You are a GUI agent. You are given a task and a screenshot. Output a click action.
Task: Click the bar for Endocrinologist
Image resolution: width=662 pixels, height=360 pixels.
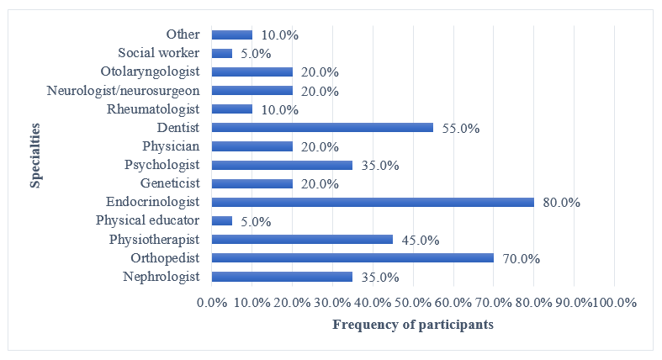tap(373, 202)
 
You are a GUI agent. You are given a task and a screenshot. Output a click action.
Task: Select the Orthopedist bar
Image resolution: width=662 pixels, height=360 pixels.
tap(352, 257)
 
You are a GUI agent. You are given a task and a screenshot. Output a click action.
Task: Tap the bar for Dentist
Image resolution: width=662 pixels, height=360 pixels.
tap(322, 128)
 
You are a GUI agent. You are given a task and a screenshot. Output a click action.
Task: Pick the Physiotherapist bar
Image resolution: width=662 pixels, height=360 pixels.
tap(302, 239)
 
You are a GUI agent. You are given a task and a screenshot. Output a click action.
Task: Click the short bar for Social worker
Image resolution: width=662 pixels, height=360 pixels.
tap(222, 53)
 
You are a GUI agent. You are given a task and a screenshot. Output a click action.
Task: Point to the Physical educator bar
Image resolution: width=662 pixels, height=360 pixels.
tap(222, 220)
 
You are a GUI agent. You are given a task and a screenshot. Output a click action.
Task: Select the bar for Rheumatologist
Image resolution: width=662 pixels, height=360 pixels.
tap(232, 109)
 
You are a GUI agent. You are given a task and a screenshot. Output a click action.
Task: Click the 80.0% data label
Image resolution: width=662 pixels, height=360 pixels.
tap(560, 203)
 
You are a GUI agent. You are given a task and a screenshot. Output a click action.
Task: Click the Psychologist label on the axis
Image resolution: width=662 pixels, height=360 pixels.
tap(162, 165)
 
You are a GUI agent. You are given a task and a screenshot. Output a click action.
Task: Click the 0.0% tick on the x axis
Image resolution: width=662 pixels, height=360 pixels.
tap(212, 301)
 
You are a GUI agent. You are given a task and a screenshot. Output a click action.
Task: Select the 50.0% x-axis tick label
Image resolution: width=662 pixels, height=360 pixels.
tap(414, 301)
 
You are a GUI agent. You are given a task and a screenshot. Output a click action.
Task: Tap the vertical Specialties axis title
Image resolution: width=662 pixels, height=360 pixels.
tap(36, 156)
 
